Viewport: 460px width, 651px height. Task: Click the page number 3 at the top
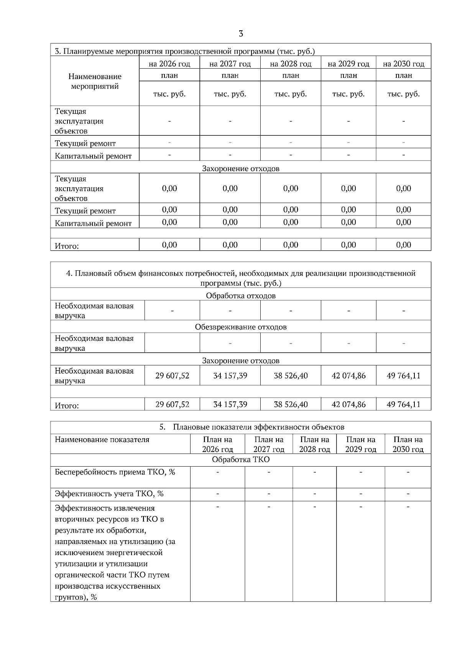pyautogui.click(x=241, y=34)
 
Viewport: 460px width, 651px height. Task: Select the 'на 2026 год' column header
pyautogui.click(x=169, y=64)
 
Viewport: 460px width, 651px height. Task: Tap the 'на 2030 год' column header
pyautogui.click(x=403, y=64)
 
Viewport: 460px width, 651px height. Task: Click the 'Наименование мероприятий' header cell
pyautogui.click(x=95, y=81)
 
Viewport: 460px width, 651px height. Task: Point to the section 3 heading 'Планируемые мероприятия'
pyautogui.click(x=185, y=51)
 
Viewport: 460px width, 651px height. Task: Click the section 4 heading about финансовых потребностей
pyautogui.click(x=241, y=278)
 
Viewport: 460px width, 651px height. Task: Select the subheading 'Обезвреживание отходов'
pyautogui.click(x=241, y=327)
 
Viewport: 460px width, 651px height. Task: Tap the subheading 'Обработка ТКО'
pyautogui.click(x=241, y=460)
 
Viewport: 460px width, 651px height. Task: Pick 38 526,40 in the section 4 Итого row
pyautogui.click(x=291, y=404)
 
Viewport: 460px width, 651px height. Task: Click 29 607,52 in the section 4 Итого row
pyautogui.click(x=172, y=404)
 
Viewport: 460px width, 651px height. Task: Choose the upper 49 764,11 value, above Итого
pyautogui.click(x=403, y=376)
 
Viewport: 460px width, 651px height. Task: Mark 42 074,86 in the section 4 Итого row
pyautogui.click(x=348, y=404)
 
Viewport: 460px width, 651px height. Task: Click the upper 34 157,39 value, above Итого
pyautogui.click(x=230, y=376)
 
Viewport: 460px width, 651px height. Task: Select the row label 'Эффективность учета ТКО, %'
pyautogui.click(x=109, y=494)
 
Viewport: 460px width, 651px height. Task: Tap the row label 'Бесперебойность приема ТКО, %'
pyautogui.click(x=115, y=472)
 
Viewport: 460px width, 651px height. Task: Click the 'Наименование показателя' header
pyautogui.click(x=102, y=440)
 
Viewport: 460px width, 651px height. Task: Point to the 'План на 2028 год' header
pyautogui.click(x=314, y=444)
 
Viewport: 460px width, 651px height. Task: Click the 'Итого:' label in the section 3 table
pyautogui.click(x=67, y=246)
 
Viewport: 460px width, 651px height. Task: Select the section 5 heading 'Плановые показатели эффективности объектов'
pyautogui.click(x=252, y=427)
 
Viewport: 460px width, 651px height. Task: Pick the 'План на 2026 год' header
pyautogui.click(x=217, y=444)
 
